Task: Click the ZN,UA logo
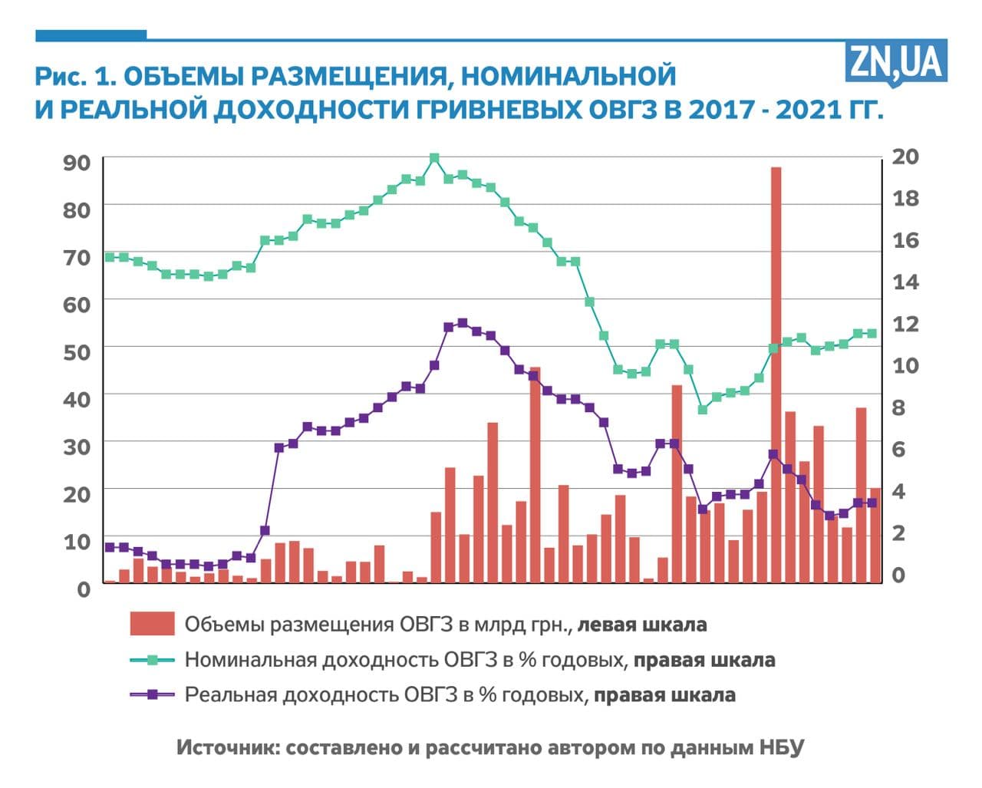pyautogui.click(x=896, y=61)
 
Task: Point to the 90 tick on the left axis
pyautogui.click(x=76, y=163)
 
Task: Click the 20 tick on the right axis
pyautogui.click(x=905, y=157)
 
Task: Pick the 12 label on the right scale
pyautogui.click(x=905, y=324)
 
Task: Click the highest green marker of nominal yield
pyautogui.click(x=434, y=158)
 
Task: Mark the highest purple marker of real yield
pyautogui.click(x=462, y=323)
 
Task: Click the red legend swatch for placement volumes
pyautogui.click(x=152, y=624)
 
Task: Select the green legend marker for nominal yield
pyautogui.click(x=152, y=660)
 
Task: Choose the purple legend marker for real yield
pyautogui.click(x=152, y=695)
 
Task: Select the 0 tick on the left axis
pyautogui.click(x=84, y=589)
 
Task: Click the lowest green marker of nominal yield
pyautogui.click(x=702, y=409)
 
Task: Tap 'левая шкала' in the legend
pyautogui.click(x=641, y=625)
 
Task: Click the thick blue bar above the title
pyautogui.click(x=91, y=35)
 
